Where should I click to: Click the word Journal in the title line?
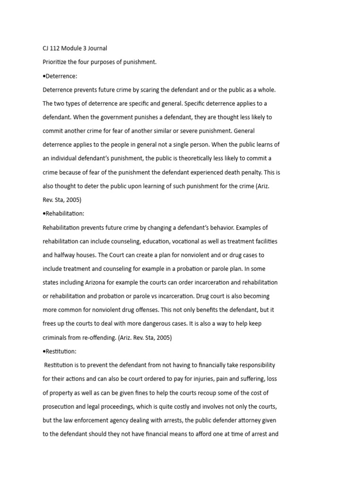coord(97,48)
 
